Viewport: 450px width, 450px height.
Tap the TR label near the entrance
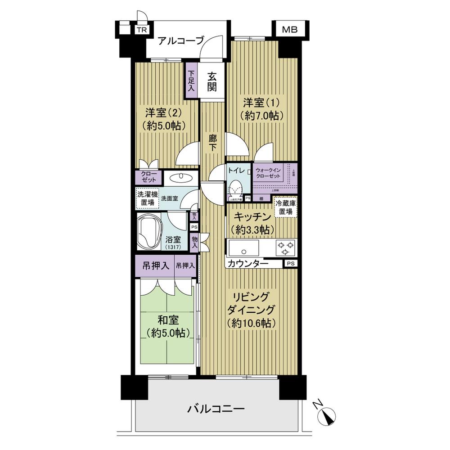142,31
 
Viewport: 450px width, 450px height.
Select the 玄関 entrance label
212,81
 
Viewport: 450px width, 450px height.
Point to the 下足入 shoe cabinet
191,81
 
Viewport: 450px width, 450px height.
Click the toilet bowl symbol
234,186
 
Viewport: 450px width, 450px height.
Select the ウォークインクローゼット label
268,174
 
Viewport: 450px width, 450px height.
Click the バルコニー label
216,409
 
